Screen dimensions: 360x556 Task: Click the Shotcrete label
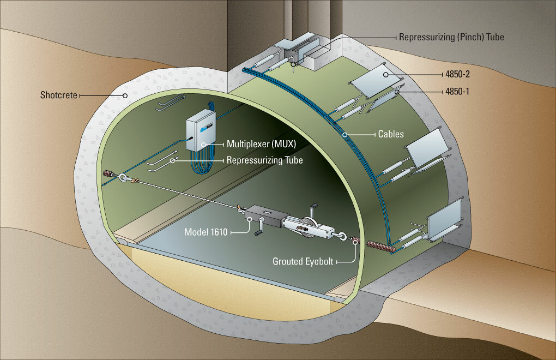coord(59,95)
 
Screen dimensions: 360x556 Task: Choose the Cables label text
coord(391,133)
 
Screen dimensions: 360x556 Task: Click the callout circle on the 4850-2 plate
coord(386,74)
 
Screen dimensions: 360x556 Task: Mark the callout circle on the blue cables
coord(345,134)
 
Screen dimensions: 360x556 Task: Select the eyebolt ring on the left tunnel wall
coord(124,177)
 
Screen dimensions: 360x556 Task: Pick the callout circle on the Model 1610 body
coord(249,220)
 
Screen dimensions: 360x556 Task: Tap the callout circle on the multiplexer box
coord(203,145)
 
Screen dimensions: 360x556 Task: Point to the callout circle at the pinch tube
coord(294,64)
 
